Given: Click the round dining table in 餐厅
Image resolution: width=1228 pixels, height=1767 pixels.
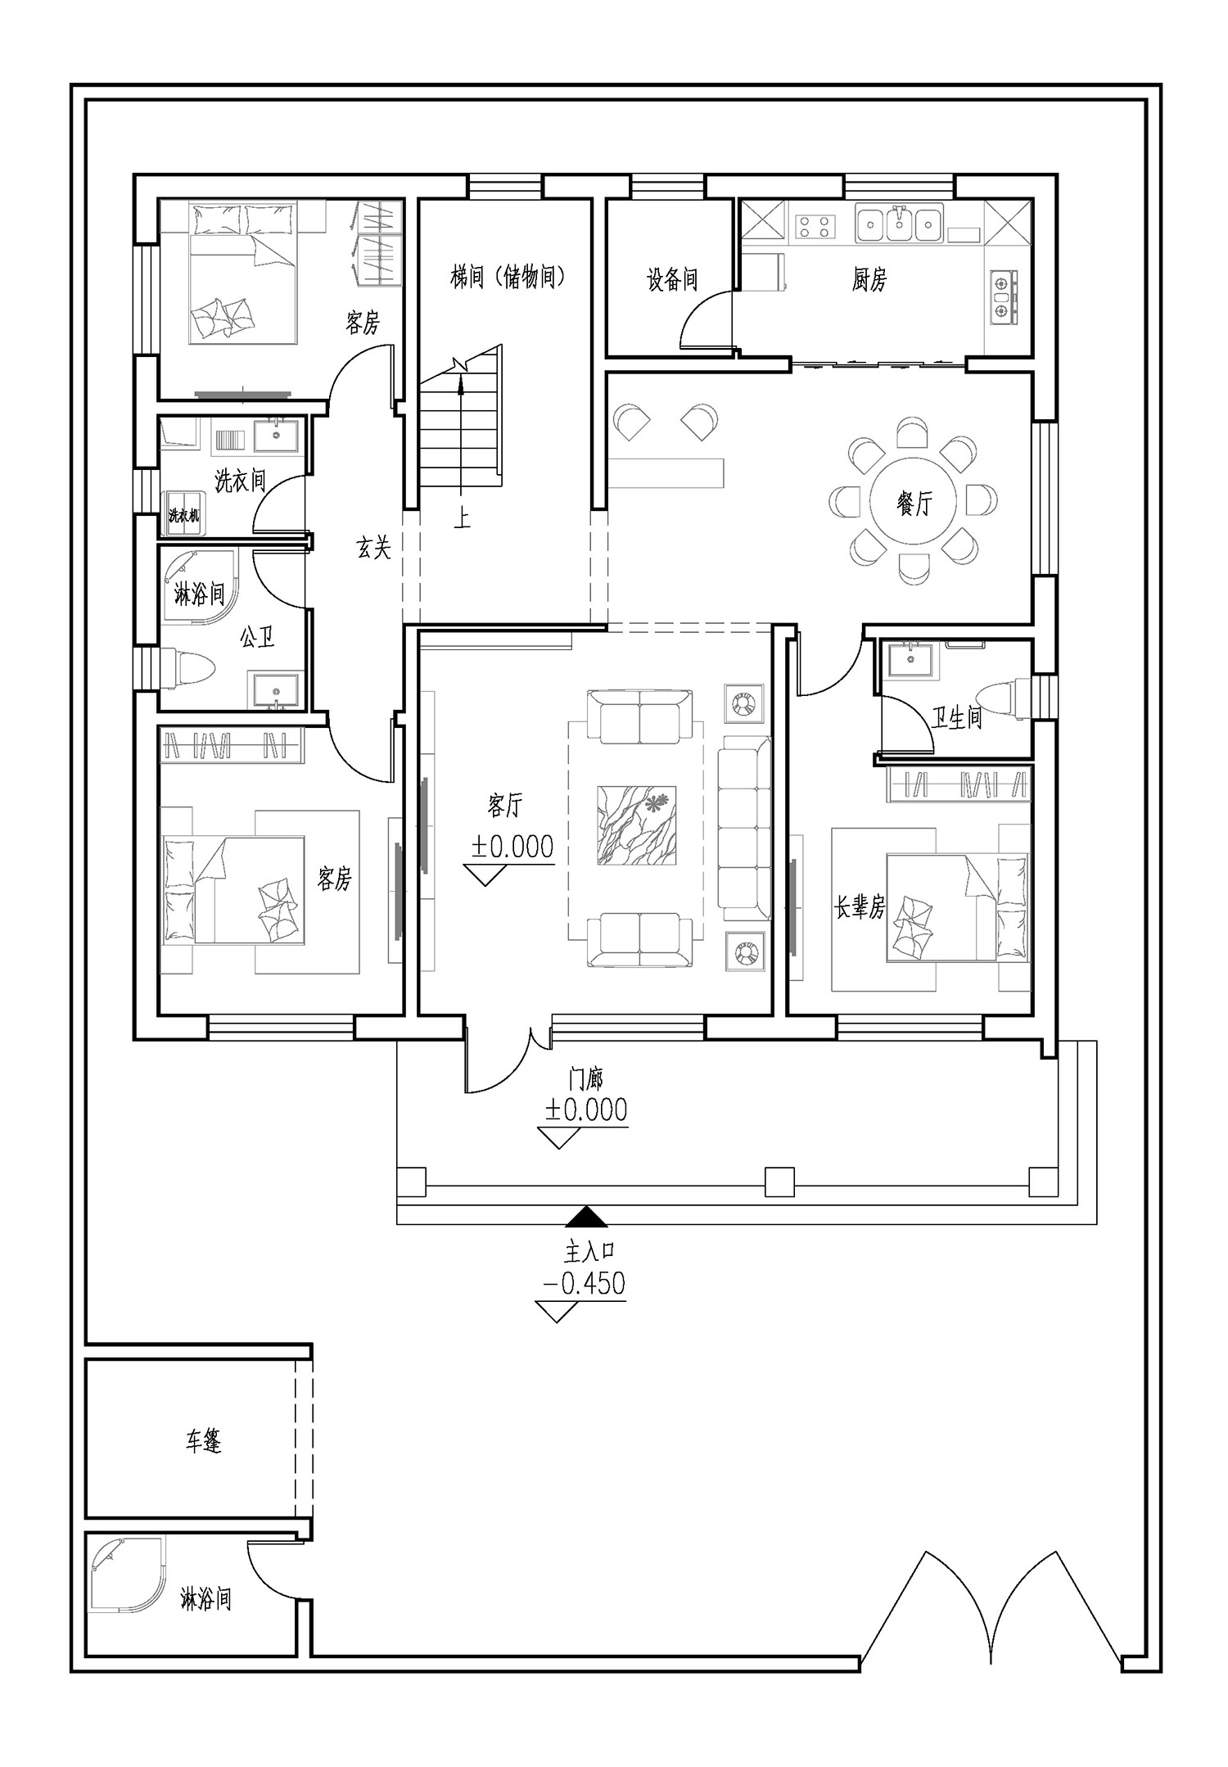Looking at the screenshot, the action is tap(913, 500).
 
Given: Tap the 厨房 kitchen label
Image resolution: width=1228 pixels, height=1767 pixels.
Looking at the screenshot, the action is tap(869, 280).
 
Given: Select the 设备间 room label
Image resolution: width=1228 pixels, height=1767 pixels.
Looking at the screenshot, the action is tap(672, 280).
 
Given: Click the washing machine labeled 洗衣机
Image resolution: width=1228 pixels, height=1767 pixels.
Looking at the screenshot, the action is tap(183, 512).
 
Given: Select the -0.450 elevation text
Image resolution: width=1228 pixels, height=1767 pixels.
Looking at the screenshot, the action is tap(583, 1282).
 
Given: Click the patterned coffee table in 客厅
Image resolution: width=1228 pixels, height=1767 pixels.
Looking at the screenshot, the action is tap(637, 825).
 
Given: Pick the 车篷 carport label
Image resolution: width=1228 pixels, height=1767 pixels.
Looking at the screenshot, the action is tap(203, 1464).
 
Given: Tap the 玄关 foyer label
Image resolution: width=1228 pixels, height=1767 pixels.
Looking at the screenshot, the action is tap(373, 547).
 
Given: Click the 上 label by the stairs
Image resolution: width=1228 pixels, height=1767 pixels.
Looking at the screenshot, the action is tap(463, 518).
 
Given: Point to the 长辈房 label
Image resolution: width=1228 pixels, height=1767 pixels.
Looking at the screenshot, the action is tap(860, 907).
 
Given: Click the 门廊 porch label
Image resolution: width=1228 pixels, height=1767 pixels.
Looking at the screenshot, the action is tap(586, 1078).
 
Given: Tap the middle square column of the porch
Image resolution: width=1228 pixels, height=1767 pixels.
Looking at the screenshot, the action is tap(779, 1182).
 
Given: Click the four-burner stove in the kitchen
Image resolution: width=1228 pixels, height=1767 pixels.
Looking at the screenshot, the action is tap(815, 225).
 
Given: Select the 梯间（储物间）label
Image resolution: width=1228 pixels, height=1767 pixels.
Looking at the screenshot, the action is tap(508, 278).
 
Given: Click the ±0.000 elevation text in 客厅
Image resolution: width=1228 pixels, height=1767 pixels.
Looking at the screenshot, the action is tap(512, 846).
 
